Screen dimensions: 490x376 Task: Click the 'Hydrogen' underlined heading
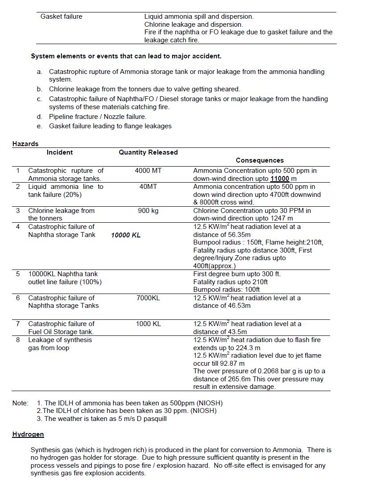[28, 434]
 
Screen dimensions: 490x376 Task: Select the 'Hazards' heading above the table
[25, 144]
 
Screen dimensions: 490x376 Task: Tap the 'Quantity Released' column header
[148, 152]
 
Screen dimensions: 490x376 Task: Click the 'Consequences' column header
[260, 160]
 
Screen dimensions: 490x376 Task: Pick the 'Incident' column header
[59, 152]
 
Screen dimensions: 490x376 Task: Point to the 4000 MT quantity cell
[148, 171]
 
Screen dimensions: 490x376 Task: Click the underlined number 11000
[280, 179]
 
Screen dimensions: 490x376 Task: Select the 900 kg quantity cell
[148, 211]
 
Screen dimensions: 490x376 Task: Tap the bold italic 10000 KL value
[126, 235]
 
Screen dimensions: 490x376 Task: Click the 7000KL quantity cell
[148, 298]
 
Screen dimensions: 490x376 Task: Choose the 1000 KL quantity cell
[148, 324]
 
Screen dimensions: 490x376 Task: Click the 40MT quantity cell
[148, 187]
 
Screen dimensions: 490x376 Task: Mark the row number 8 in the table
[18, 340]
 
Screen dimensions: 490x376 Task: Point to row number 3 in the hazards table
[18, 211]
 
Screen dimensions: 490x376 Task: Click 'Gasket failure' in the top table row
[61, 16]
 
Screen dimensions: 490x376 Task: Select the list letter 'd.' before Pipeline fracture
[40, 117]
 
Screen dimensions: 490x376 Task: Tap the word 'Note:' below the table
[20, 403]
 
